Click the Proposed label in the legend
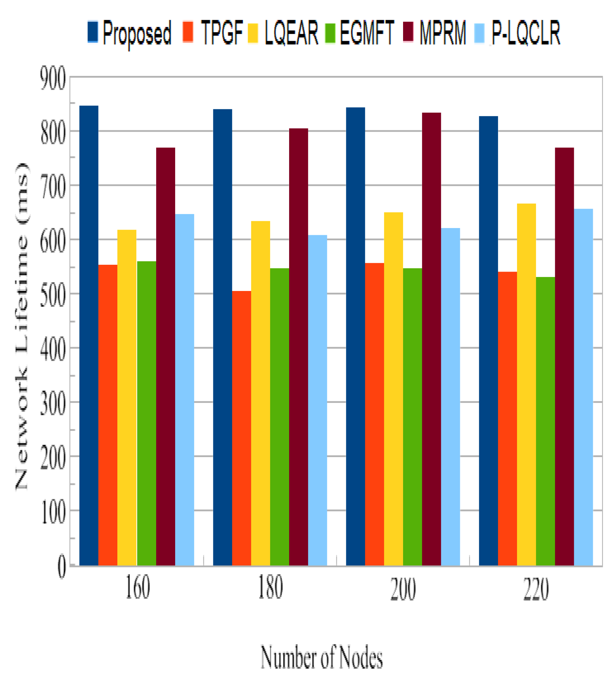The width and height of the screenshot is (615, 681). (x=137, y=33)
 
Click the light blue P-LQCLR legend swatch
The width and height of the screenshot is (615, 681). (x=479, y=33)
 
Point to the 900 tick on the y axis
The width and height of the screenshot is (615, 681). (x=53, y=79)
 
